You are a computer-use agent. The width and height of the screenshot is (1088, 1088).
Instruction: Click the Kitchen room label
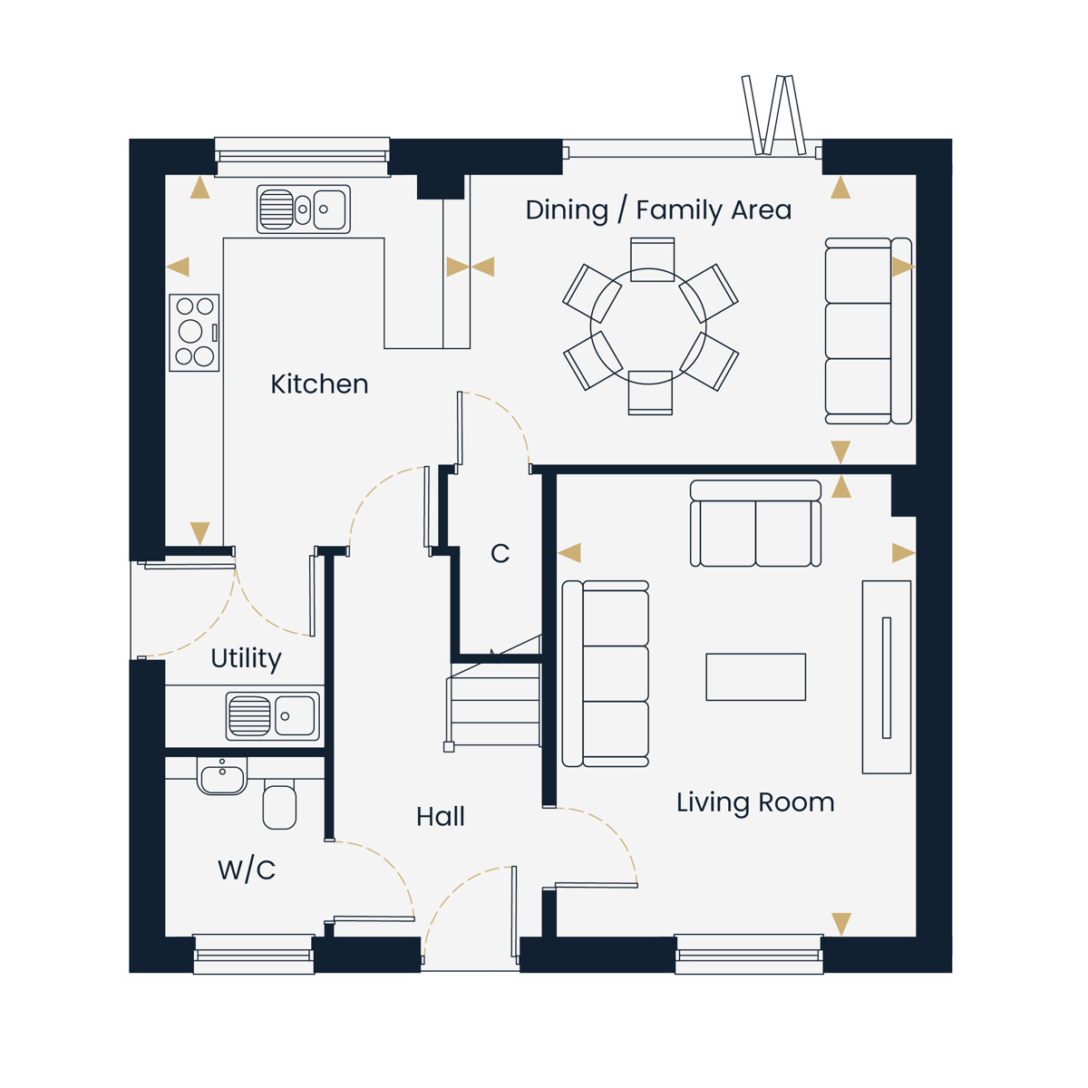319,384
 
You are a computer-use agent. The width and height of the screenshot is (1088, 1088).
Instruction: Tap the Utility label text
247,659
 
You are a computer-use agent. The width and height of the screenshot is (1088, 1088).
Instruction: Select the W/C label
247,870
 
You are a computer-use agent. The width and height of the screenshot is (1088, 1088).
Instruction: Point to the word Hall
441,817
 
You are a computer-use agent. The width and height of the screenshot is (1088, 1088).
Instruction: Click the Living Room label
755,803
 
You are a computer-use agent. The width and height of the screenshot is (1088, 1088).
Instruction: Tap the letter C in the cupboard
500,554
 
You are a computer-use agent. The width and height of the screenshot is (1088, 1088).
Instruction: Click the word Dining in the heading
567,210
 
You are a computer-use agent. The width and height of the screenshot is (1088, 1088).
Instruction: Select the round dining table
649,326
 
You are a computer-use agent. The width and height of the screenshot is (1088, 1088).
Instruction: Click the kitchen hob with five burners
194,333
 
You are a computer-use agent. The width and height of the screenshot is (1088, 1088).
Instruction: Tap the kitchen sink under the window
303,209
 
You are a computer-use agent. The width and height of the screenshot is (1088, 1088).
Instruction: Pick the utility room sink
273,716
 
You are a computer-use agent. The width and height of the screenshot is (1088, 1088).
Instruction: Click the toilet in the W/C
279,803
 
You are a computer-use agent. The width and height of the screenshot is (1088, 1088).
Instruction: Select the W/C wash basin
222,776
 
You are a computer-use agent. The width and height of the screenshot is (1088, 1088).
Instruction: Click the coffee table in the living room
755,677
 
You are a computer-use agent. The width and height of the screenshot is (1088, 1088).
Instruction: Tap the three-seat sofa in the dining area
869,331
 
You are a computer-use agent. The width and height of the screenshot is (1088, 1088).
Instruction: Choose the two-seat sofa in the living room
755,523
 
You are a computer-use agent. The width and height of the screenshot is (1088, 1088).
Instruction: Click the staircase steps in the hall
493,705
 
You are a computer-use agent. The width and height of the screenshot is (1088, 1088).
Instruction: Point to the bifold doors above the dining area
772,115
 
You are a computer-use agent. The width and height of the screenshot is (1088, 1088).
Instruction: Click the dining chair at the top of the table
652,259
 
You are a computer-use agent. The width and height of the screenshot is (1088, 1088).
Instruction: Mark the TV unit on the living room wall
887,677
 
